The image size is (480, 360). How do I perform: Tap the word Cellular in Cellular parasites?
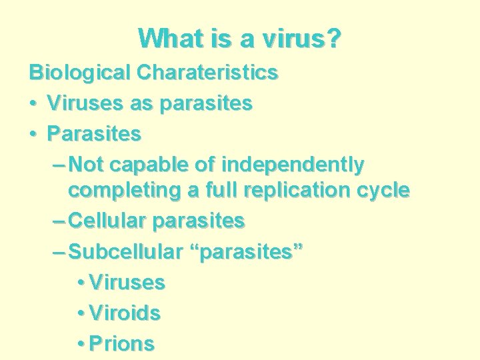pos(108,220)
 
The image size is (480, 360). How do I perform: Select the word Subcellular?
pos(125,251)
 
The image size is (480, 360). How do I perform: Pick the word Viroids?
pos(125,313)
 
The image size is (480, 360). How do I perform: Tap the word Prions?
pos(121,344)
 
